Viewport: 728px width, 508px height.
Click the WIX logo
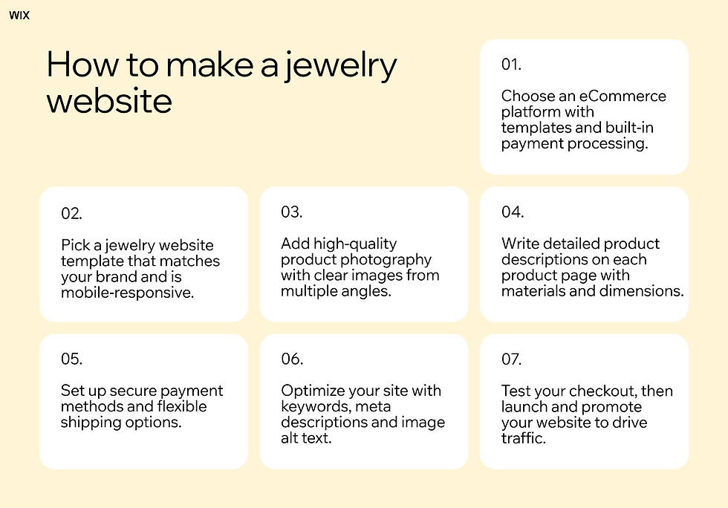click(19, 15)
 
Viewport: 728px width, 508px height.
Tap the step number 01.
click(511, 65)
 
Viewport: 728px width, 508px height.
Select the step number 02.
click(71, 213)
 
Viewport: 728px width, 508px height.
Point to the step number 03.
click(291, 212)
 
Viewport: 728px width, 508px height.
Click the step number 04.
click(513, 212)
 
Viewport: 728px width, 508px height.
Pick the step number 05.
click(71, 359)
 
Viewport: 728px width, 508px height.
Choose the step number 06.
click(292, 359)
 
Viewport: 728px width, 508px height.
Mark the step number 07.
click(512, 359)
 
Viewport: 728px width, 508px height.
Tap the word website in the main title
click(109, 100)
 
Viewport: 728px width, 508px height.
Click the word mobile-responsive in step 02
click(127, 293)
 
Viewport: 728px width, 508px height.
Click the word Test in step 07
click(516, 391)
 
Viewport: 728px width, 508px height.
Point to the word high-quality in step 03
click(355, 244)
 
